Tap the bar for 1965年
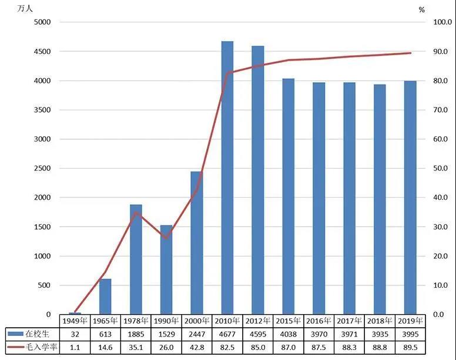[x=105, y=297]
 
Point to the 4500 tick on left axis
[x=43, y=52]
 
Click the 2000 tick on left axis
[x=43, y=198]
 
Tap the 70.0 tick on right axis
[x=441, y=110]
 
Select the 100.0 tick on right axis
[x=441, y=22]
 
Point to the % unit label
[x=421, y=9]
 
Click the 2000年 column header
[x=197, y=321]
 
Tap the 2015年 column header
[x=289, y=321]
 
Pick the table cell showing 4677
[x=227, y=334]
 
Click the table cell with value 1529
[x=166, y=334]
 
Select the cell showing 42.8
[x=197, y=346]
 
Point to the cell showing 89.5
[x=410, y=346]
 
